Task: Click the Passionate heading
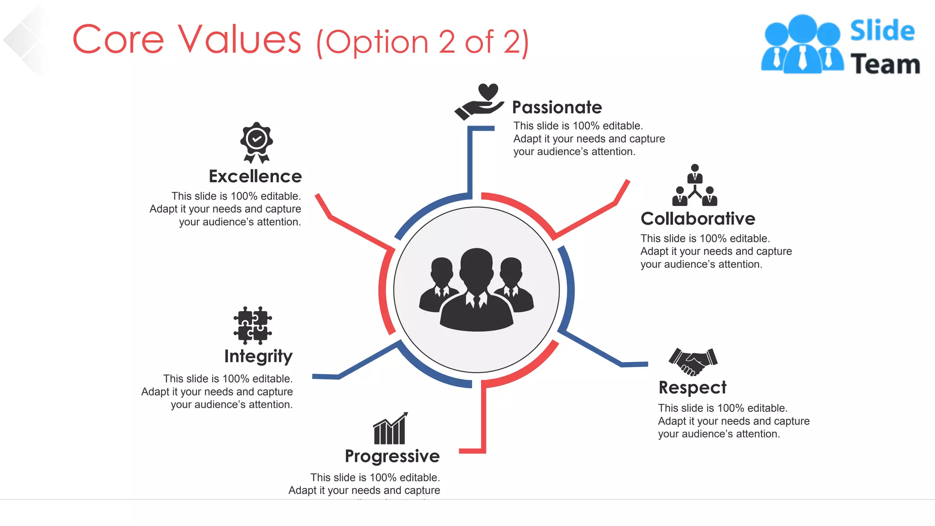pos(557,107)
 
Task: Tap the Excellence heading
pos(255,176)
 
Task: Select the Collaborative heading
pos(698,219)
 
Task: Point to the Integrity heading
pos(258,356)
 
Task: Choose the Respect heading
pos(692,388)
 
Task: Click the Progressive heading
pos(392,456)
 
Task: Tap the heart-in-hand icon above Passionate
pos(479,102)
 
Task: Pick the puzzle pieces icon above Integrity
pos(252,325)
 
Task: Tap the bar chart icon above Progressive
pos(390,429)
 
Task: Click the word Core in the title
pos(118,40)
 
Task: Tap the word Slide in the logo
pos(882,31)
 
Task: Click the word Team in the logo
pos(885,64)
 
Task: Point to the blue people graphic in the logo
pos(802,44)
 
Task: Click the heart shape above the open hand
pos(488,91)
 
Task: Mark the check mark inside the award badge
pos(257,138)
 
